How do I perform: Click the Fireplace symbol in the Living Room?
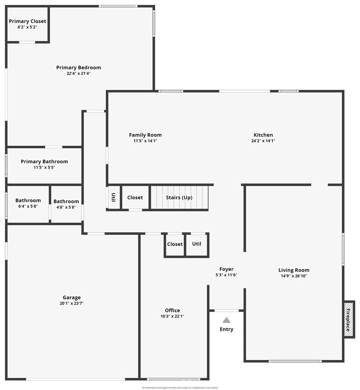[x=349, y=319]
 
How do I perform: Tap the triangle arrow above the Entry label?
[x=227, y=320]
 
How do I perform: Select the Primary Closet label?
[x=27, y=21]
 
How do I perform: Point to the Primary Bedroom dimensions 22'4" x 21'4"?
[x=79, y=73]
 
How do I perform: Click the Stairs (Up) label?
[x=179, y=197]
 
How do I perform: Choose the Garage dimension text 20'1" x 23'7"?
[x=71, y=303]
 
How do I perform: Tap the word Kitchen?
[x=263, y=135]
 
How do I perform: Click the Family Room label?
[x=145, y=135]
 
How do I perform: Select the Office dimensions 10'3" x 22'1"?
[x=172, y=316]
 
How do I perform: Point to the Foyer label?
[x=226, y=269]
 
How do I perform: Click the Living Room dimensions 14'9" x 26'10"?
[x=294, y=276]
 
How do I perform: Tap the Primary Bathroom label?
[x=44, y=161]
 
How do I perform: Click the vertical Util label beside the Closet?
[x=113, y=197]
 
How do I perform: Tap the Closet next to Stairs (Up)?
[x=135, y=197]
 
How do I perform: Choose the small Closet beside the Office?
[x=175, y=244]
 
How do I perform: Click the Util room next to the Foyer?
[x=197, y=244]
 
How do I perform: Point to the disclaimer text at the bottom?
[x=180, y=387]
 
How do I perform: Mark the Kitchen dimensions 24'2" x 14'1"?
[x=263, y=141]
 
